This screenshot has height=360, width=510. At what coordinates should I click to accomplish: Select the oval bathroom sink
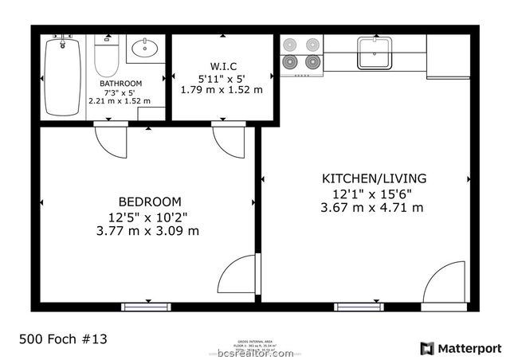point(143,49)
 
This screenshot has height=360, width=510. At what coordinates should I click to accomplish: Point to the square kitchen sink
point(372,53)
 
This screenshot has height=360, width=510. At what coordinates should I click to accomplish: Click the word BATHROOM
point(120,84)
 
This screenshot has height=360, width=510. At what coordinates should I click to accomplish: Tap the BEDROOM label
point(150,202)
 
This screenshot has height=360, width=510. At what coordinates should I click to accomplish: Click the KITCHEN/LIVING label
point(374,178)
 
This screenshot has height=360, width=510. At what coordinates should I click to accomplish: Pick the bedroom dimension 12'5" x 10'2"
point(150,217)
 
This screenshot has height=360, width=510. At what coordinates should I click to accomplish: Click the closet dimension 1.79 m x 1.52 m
point(221,90)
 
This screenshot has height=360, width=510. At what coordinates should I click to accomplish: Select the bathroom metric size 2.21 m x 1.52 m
point(120,102)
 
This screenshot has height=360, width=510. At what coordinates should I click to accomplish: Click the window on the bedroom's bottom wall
point(146,307)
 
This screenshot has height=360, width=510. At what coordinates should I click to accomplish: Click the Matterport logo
point(461,348)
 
